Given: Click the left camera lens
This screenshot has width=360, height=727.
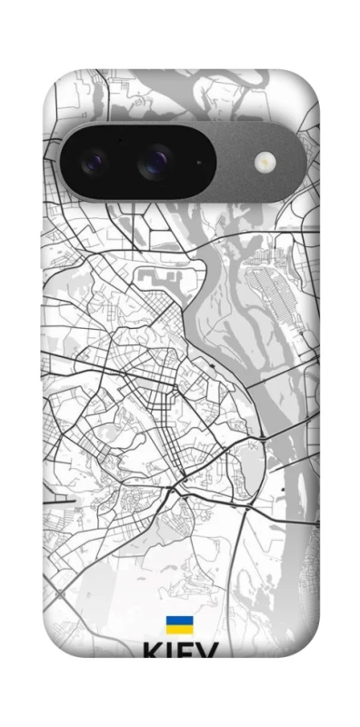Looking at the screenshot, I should [x=95, y=164].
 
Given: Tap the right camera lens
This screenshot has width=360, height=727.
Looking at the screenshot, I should [x=154, y=164].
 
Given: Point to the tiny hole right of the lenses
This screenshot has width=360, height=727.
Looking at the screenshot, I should [x=199, y=164].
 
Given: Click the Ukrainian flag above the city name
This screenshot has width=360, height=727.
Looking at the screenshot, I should [x=178, y=624].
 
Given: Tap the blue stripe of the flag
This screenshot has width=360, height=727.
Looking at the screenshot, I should [x=178, y=621].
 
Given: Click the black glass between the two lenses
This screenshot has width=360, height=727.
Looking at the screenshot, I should [x=125, y=164].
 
